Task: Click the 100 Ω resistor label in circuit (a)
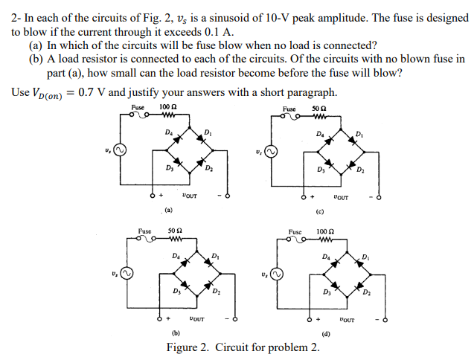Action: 167,108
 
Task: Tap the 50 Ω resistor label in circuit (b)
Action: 176,231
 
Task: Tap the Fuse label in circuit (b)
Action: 145,231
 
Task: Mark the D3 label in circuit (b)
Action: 178,291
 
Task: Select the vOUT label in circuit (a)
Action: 190,196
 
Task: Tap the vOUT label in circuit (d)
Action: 347,320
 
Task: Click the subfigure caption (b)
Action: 176,332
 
